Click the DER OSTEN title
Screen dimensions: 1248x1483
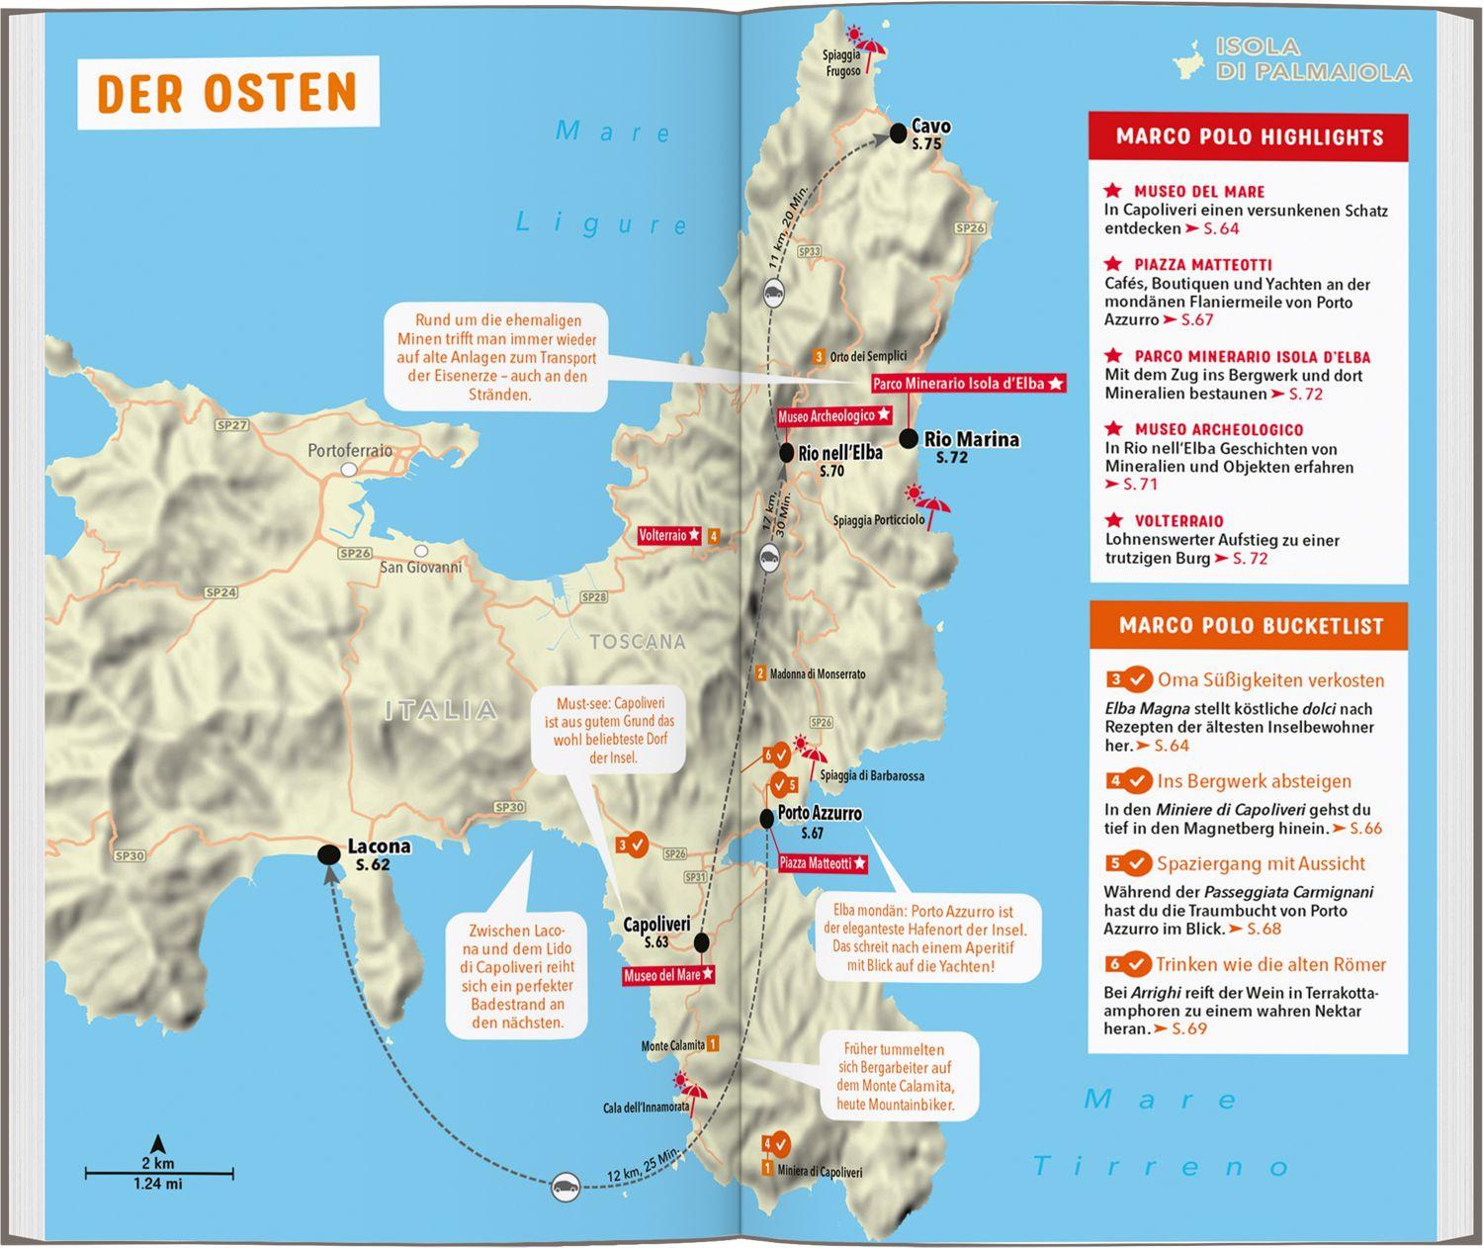(227, 92)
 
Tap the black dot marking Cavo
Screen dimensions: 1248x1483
(898, 133)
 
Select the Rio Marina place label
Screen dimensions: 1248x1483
(971, 439)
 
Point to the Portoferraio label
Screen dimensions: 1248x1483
(349, 451)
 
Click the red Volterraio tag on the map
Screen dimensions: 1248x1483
(669, 535)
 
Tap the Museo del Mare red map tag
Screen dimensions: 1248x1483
(668, 975)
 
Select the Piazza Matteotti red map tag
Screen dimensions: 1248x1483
(822, 863)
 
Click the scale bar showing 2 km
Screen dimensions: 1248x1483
(159, 1174)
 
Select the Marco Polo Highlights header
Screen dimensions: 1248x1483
(1249, 136)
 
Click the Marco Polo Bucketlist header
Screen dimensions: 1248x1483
(1250, 626)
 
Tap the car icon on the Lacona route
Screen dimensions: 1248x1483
(566, 1186)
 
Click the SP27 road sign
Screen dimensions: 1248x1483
(231, 425)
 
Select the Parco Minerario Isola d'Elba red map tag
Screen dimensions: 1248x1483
(967, 384)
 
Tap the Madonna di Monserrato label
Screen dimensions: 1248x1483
(817, 673)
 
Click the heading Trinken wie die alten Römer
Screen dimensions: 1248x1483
(1270, 964)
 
